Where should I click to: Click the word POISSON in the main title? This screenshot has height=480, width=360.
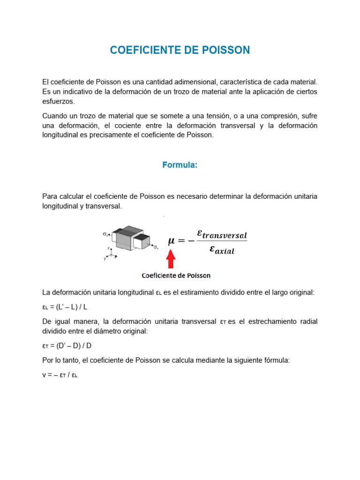(222, 50)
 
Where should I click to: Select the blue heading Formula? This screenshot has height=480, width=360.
(180, 165)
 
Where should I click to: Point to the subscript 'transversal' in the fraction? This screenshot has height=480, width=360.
(228, 235)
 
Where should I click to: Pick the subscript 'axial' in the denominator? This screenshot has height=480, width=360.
(225, 251)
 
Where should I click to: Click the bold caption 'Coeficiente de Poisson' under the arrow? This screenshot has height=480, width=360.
(176, 275)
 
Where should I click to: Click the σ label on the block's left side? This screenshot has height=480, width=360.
(105, 233)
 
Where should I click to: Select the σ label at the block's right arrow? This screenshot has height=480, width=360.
(156, 247)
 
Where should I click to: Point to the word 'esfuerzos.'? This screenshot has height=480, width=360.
(58, 101)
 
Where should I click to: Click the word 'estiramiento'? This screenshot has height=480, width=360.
(205, 292)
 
